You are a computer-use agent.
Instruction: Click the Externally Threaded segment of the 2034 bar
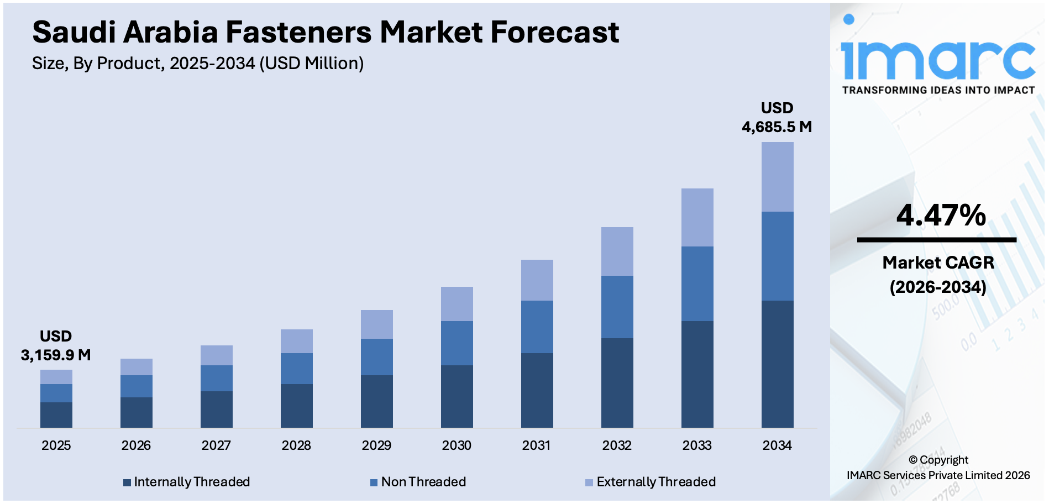pyautogui.click(x=777, y=177)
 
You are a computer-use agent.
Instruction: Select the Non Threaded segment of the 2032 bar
pyautogui.click(x=617, y=307)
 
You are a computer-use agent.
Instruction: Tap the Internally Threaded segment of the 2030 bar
pyautogui.click(x=457, y=396)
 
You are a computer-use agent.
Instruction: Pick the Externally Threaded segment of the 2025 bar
pyautogui.click(x=56, y=377)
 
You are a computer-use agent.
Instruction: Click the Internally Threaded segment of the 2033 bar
pyautogui.click(x=697, y=374)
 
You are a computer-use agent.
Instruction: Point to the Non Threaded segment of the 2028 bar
pyautogui.click(x=296, y=369)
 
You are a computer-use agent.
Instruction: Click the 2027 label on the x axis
pyautogui.click(x=216, y=445)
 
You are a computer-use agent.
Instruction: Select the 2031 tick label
pyautogui.click(x=537, y=445)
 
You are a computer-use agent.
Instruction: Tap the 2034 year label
pyautogui.click(x=777, y=445)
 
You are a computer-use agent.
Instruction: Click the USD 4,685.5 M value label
pyautogui.click(x=777, y=118)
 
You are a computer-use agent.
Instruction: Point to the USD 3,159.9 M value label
pyautogui.click(x=56, y=346)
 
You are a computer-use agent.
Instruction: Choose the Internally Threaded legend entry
pyautogui.click(x=186, y=482)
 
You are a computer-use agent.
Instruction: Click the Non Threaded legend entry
pyautogui.click(x=418, y=482)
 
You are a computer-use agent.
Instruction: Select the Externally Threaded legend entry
pyautogui.click(x=651, y=482)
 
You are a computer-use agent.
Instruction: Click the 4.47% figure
pyautogui.click(x=941, y=215)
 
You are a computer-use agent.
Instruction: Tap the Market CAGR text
pyautogui.click(x=938, y=262)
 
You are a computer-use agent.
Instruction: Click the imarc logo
pyautogui.click(x=938, y=55)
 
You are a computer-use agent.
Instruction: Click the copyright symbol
pyautogui.click(x=913, y=460)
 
